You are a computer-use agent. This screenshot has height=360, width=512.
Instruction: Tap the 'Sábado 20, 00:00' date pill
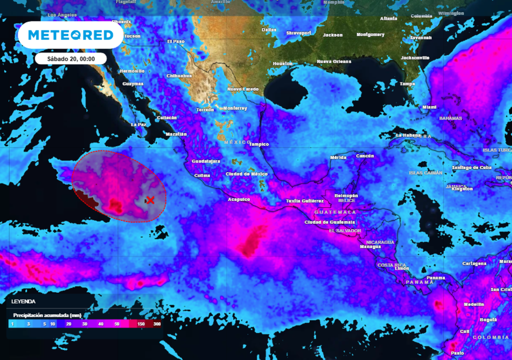(x=70, y=58)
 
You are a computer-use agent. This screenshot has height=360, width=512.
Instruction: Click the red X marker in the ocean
(x=149, y=200)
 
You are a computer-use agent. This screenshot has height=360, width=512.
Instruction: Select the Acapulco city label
(x=239, y=199)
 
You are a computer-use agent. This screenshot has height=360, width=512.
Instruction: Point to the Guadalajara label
(x=206, y=161)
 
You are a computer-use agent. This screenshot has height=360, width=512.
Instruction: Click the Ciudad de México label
(x=247, y=174)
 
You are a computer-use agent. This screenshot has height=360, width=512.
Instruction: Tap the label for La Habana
(x=406, y=135)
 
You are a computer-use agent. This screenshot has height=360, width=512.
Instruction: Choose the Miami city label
(x=429, y=107)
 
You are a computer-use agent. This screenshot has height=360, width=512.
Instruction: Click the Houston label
(x=282, y=64)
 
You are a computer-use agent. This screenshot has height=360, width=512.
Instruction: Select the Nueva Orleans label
(x=334, y=61)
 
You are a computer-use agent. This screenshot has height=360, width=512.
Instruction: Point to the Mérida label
(x=338, y=158)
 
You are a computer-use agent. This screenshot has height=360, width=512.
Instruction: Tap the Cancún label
(x=365, y=156)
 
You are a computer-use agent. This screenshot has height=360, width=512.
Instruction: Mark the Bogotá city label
(x=488, y=319)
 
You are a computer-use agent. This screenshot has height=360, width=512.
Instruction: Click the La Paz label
(x=138, y=124)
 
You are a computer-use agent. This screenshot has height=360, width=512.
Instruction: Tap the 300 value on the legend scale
(x=156, y=324)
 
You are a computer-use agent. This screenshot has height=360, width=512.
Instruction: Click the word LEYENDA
(x=23, y=302)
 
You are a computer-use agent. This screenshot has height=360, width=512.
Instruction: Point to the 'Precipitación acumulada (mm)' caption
(x=47, y=315)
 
